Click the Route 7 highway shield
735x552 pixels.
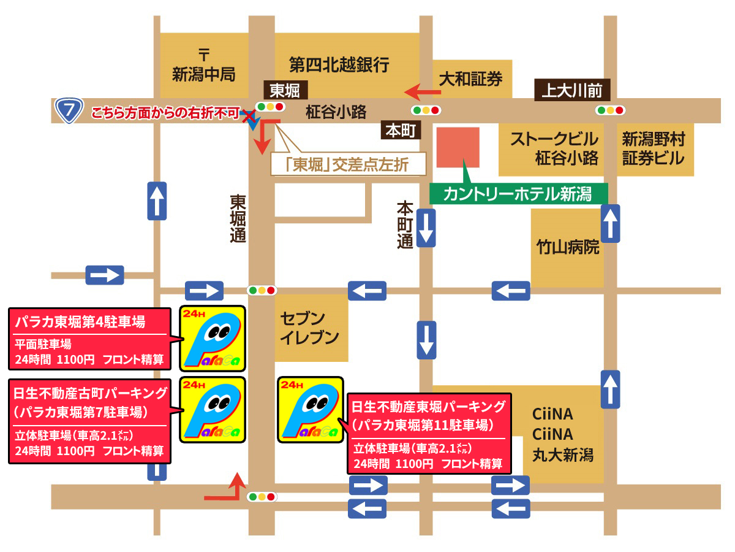click(69, 111)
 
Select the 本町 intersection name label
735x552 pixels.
click(401, 130)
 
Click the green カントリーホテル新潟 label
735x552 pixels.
click(518, 194)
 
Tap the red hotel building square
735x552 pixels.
click(458, 147)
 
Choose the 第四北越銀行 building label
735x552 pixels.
click(339, 64)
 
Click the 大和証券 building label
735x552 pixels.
click(470, 78)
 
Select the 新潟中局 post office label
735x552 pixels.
click(204, 67)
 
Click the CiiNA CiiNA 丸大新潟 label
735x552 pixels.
click(562, 434)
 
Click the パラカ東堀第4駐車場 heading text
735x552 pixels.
click(80, 321)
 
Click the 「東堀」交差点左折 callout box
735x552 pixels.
click(348, 164)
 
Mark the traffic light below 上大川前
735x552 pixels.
click(610, 111)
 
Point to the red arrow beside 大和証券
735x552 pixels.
click(423, 92)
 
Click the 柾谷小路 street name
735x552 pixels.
click(336, 112)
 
